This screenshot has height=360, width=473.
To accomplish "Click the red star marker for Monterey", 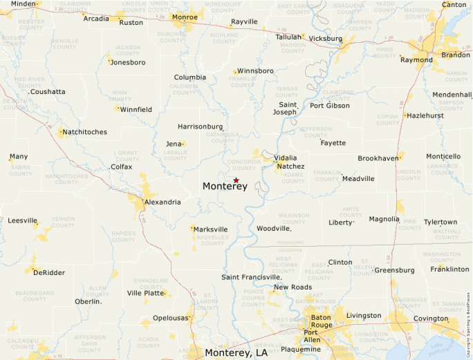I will pyautogui.click(x=236, y=180).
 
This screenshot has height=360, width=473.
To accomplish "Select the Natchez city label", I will pyautogui.click(x=290, y=167).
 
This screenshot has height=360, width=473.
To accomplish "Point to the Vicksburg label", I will pyautogui.click(x=325, y=39).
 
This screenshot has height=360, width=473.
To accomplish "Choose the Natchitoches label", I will pyautogui.click(x=85, y=132).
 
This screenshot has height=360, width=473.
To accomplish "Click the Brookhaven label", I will pyautogui.click(x=378, y=158).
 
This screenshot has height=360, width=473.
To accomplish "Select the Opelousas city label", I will pyautogui.click(x=170, y=318).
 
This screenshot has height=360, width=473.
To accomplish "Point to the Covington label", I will pyautogui.click(x=431, y=319).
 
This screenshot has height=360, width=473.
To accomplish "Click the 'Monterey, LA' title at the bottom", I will pyautogui.click(x=236, y=352).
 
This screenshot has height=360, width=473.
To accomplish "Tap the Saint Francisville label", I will pyautogui.click(x=251, y=277).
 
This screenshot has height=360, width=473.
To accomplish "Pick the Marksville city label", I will pyautogui.click(x=211, y=229).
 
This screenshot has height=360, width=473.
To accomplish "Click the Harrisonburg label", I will pyautogui.click(x=201, y=126).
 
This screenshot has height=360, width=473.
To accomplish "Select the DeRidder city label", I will pyautogui.click(x=48, y=272).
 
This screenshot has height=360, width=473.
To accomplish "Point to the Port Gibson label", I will pyautogui.click(x=329, y=106).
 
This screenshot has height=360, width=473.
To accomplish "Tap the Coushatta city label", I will pyautogui.click(x=48, y=91).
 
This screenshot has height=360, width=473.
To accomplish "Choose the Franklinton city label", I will pyautogui.click(x=449, y=269).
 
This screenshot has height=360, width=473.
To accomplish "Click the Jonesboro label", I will pyautogui.click(x=129, y=62).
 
